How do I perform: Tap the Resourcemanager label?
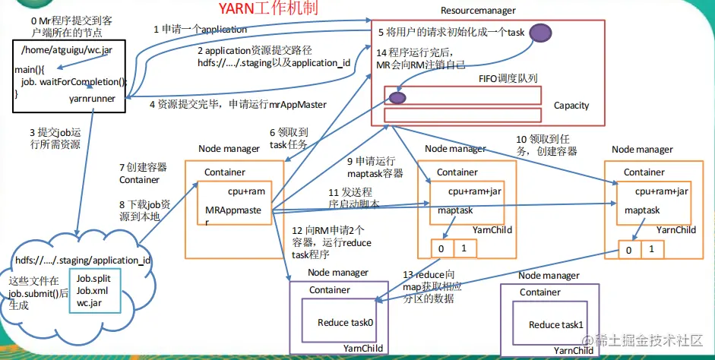coord(478,11)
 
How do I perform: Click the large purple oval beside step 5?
coord(540,33)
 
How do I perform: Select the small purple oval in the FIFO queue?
coord(397,97)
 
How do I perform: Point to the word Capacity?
coord(571,106)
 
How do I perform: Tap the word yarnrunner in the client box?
coord(93,98)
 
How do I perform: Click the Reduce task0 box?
coord(346,323)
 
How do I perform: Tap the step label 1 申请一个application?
coord(200,30)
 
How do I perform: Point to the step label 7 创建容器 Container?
coord(142,173)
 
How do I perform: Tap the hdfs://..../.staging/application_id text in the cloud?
coord(83,261)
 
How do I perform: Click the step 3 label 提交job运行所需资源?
coord(55,138)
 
